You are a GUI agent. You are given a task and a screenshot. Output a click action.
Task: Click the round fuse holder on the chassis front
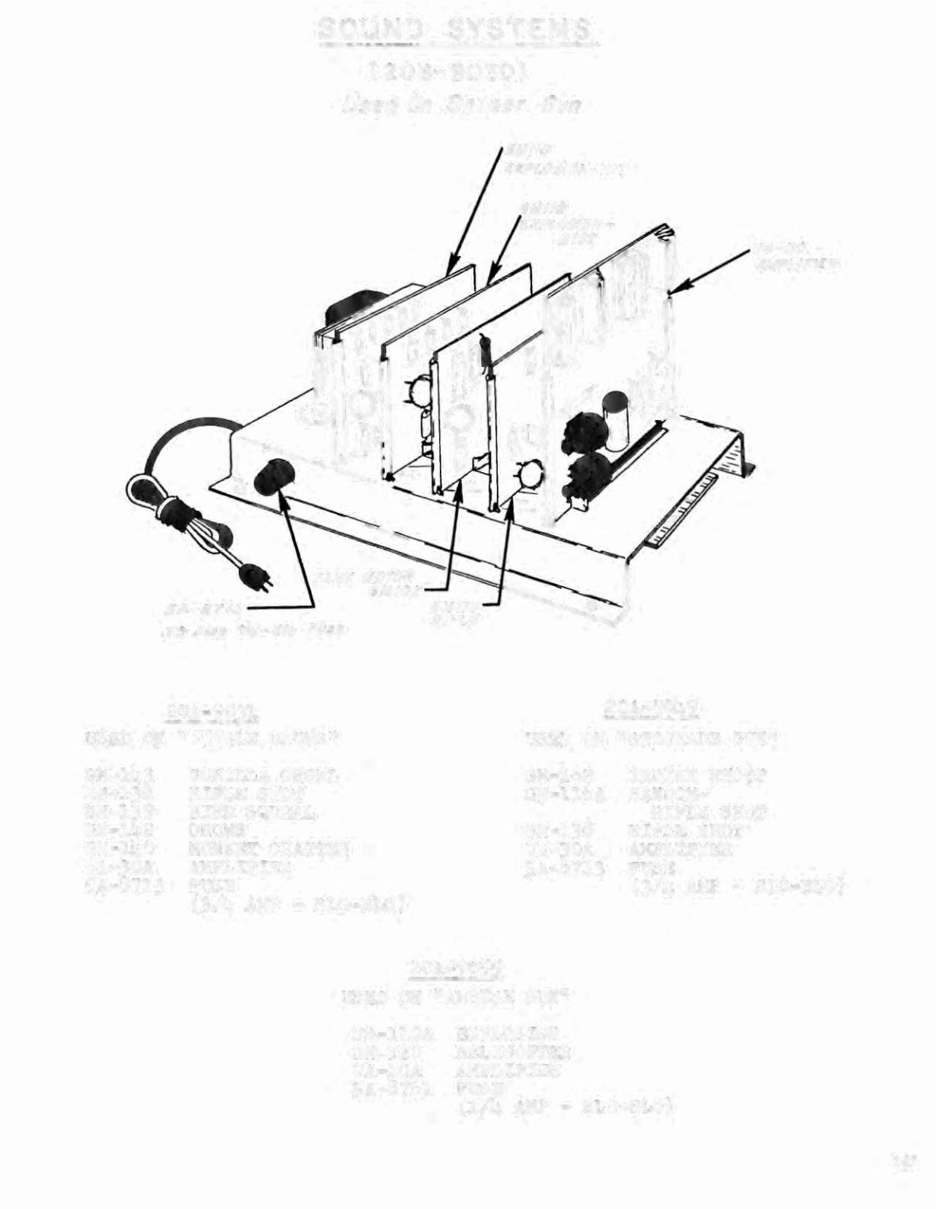271,479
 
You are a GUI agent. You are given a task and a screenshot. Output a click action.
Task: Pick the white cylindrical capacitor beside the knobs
616,419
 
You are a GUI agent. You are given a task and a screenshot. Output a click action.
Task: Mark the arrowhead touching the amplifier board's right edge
677,287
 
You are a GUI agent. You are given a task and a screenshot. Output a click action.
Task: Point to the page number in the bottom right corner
906,1163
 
